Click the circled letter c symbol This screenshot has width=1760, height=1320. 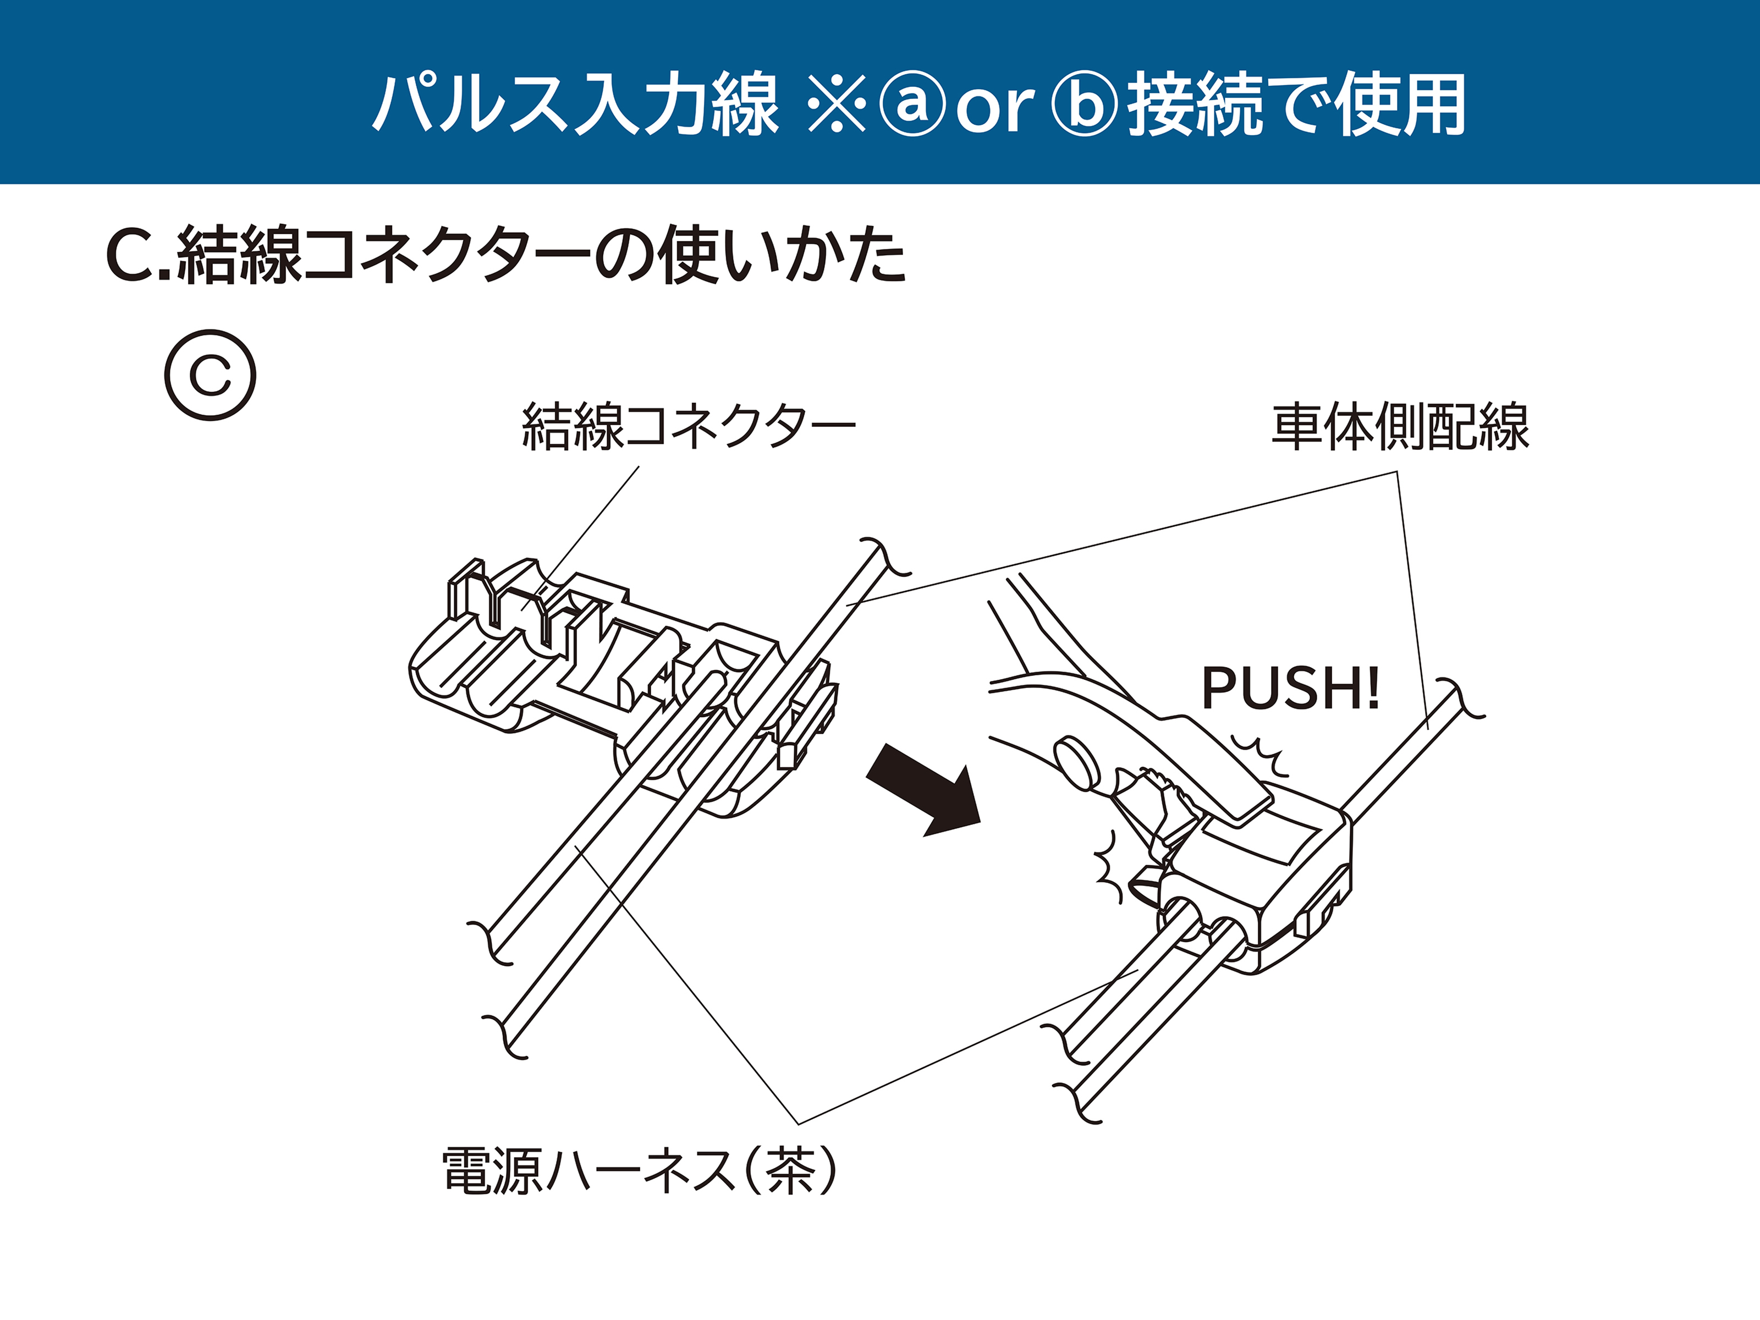[x=210, y=375]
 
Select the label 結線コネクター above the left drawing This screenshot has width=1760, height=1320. [x=688, y=427]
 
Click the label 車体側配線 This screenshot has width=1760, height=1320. [x=1400, y=427]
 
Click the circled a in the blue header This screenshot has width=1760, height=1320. [x=912, y=103]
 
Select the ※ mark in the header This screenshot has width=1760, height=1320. [x=835, y=103]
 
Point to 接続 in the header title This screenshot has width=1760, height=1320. [x=1193, y=103]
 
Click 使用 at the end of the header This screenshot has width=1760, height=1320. [x=1400, y=103]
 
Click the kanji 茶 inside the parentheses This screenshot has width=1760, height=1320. [x=791, y=1170]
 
